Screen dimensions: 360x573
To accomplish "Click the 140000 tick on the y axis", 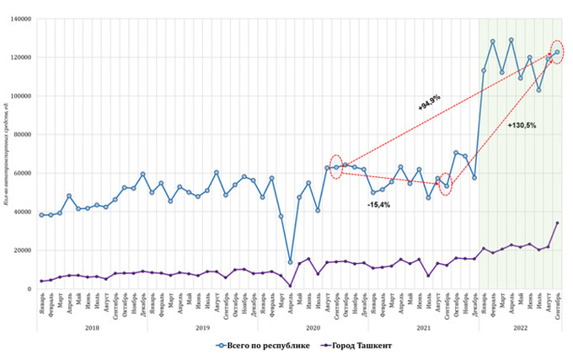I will coord(19,19).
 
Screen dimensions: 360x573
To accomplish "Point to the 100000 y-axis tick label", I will coord(19,95).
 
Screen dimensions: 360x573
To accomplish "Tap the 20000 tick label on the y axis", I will coord(21,250).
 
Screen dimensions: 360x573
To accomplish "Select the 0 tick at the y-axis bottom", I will coord(29,288).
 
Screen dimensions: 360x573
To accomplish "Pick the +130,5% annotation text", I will coord(522,126).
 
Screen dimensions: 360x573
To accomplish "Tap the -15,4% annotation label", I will coord(378,205).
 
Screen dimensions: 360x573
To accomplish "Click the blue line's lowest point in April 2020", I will coord(291,262).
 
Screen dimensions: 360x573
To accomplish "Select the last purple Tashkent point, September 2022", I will coord(557,223).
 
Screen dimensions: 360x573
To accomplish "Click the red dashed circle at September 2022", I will coord(557,52).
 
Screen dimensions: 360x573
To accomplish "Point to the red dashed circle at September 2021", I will coord(447,185).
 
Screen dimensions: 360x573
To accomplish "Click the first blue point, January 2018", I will coord(41,215).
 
